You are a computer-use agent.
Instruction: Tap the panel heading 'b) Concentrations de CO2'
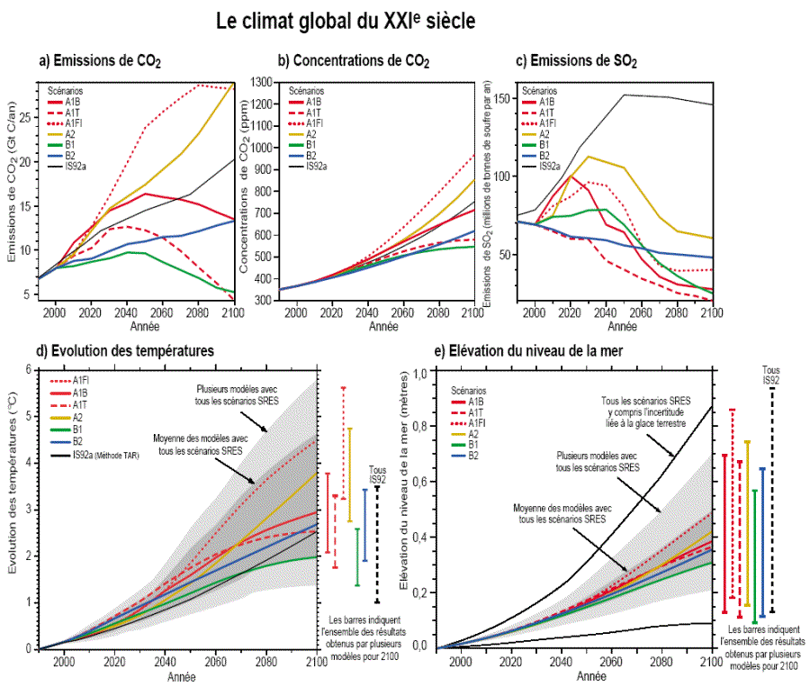(x=353, y=61)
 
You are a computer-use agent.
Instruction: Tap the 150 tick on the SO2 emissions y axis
(x=501, y=98)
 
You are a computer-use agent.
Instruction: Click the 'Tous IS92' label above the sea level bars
(x=771, y=375)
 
